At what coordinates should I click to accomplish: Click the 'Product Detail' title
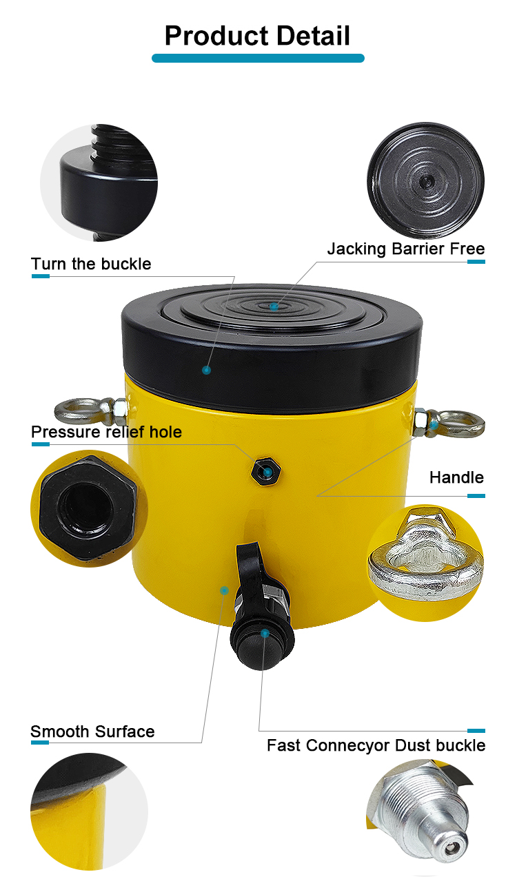(258, 36)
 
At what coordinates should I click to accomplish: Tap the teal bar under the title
(258, 58)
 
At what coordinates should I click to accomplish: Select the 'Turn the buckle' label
(91, 264)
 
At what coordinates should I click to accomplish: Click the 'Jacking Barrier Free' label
(406, 249)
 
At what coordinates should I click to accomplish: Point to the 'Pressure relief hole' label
(106, 432)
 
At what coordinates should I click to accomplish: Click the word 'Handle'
(456, 477)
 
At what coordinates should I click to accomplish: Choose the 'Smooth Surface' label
(92, 732)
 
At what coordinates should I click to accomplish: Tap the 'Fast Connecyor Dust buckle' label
(376, 745)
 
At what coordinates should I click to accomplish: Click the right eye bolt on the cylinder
(449, 424)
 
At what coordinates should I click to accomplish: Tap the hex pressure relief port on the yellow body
(266, 471)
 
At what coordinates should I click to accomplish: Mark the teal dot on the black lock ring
(207, 371)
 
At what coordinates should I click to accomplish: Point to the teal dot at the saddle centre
(274, 307)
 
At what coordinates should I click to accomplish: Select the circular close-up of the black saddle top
(425, 180)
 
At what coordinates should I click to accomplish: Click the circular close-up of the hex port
(89, 508)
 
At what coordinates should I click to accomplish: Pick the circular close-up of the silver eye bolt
(425, 563)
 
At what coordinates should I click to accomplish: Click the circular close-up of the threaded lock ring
(99, 183)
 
